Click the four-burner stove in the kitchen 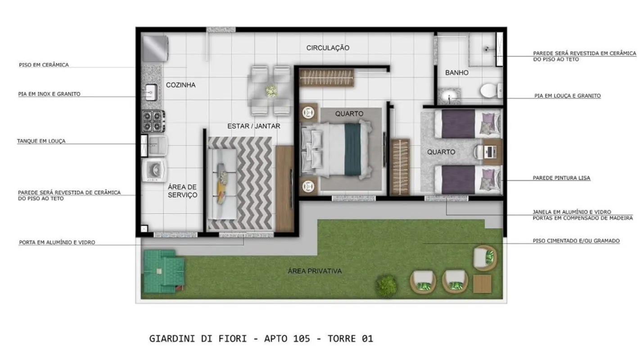click(153, 121)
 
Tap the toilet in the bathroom click(491, 91)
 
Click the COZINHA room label click(181, 85)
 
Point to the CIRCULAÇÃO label click(328, 48)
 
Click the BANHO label click(457, 73)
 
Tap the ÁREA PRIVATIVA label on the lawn click(315, 271)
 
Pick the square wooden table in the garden click(482, 283)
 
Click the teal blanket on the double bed click(352, 149)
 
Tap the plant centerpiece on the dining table click(271, 91)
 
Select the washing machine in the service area click(154, 170)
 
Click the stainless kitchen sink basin click(151, 92)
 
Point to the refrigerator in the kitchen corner click(155, 48)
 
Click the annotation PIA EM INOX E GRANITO click(49, 94)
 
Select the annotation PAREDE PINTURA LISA click(561, 178)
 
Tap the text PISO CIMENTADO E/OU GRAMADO click(576, 241)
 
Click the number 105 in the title click(301, 339)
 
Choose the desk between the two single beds click(492, 152)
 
